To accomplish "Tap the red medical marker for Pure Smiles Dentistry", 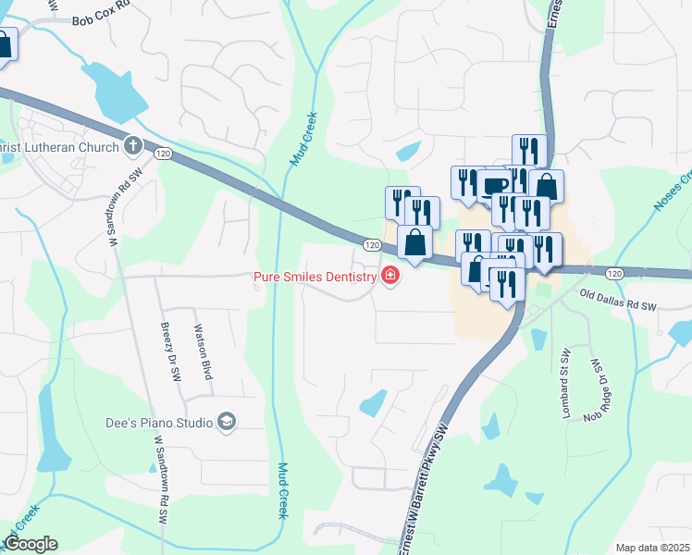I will coord(390,276).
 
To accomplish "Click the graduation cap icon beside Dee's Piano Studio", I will coord(227,423).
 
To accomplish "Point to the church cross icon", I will coord(133,146).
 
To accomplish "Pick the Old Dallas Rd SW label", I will coord(617,299).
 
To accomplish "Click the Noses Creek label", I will coord(673,190).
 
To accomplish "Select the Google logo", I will coord(30,544).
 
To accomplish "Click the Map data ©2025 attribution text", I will coord(652,548).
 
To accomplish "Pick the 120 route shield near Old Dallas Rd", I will coord(615,274).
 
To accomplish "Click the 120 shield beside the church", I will coord(164,153).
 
